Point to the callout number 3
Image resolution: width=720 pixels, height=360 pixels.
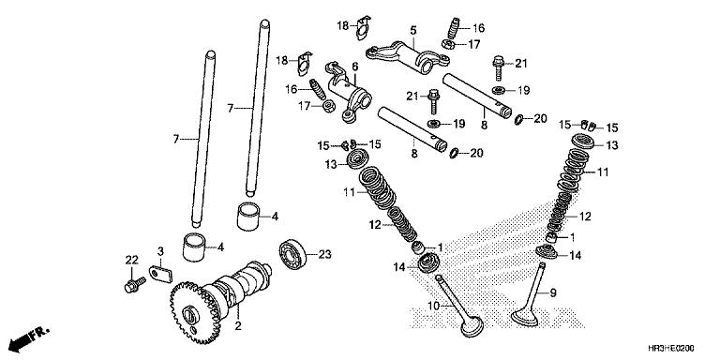tap(160, 251)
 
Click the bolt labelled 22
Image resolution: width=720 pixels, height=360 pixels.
tap(131, 282)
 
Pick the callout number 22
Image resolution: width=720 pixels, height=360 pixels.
tap(131, 260)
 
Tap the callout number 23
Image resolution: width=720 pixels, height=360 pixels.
tap(325, 254)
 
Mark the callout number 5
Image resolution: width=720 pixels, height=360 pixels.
tap(412, 31)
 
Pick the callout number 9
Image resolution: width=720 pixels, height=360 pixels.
tap(552, 292)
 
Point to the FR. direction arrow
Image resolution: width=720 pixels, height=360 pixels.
tap(28, 336)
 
